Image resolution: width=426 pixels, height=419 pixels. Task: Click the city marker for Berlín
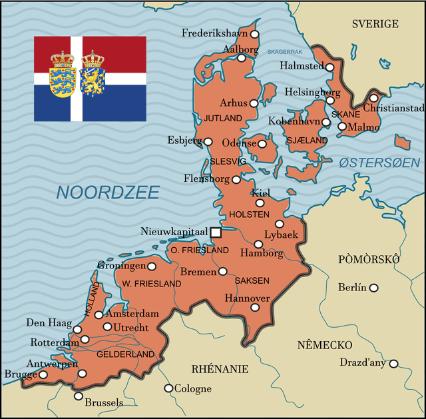pos(374,288)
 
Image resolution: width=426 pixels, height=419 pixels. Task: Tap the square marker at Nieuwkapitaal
pos(216,232)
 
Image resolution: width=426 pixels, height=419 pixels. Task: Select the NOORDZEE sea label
pos(108,193)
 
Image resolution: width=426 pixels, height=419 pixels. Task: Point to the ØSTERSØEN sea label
pos(379,163)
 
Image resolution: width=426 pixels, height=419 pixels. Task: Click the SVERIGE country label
pos(375,24)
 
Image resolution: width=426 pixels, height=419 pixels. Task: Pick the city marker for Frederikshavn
pos(254,34)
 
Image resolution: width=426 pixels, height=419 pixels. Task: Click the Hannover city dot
pos(254,308)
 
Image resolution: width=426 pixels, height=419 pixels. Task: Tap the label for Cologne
pos(192,388)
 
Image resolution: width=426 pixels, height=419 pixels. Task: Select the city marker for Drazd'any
pos(394,364)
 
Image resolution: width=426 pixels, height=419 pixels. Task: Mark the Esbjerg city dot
pos(208,141)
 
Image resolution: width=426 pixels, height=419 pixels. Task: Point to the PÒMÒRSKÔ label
pos(369,258)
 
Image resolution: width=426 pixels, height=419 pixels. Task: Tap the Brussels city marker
pos(79,396)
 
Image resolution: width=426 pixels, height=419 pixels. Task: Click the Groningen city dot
pos(152,266)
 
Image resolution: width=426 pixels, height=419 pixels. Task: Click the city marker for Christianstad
pos(373,99)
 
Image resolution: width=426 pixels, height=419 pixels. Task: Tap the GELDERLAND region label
pos(126,354)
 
